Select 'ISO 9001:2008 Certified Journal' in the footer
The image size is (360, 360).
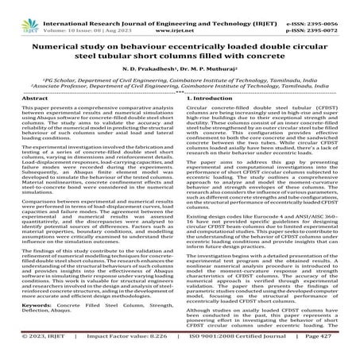[238, 350]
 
